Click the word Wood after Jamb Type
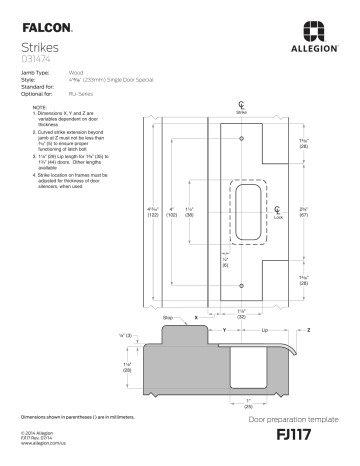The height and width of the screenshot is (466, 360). [76, 74]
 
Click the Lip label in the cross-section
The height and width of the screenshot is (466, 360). [264, 328]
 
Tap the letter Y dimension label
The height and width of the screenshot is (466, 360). [224, 328]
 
